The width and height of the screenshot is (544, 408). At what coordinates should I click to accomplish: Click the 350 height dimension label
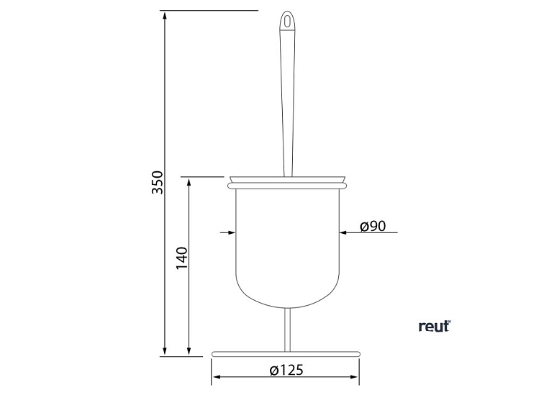158,183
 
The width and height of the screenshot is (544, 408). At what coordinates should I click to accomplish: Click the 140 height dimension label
181,257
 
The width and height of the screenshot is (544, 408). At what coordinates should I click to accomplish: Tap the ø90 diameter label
373,226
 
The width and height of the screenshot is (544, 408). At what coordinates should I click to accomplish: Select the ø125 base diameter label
286,371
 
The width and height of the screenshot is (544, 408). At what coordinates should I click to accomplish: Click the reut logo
434,326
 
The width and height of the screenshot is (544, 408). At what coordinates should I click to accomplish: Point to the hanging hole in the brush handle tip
289,21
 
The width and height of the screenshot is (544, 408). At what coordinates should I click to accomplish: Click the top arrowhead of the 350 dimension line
164,17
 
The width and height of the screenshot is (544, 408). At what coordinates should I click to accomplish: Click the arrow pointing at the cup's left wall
231,232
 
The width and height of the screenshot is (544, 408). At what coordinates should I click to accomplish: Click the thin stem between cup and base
288,327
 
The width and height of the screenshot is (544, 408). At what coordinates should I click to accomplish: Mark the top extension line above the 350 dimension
209,11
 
